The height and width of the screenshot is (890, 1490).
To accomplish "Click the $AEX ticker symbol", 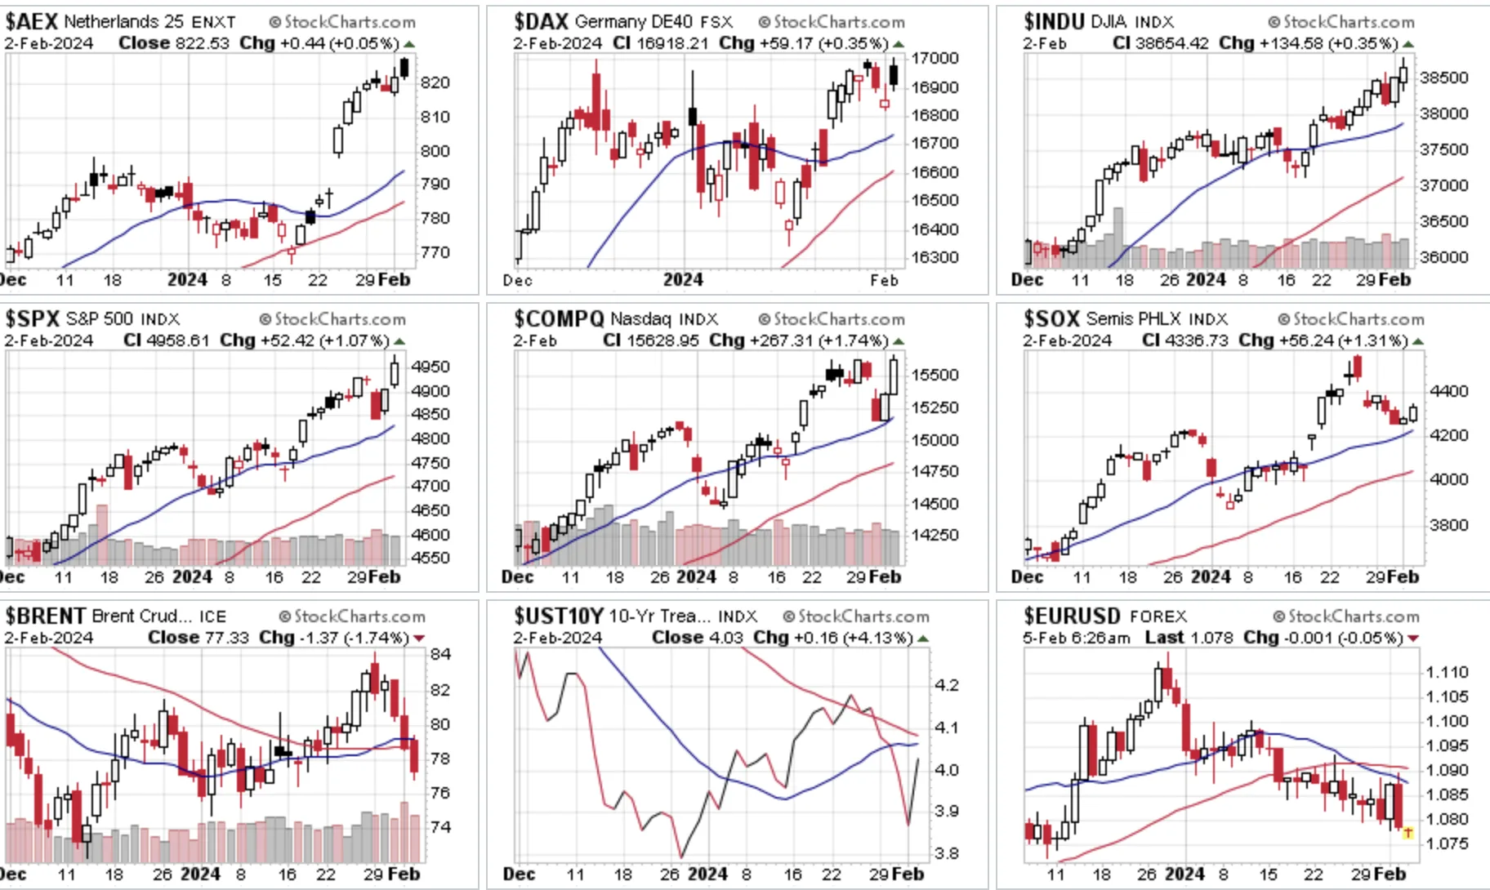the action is coord(31,22).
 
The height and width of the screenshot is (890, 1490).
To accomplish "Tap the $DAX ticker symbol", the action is coord(541,22).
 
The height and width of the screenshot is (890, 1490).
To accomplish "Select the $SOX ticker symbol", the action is coord(1051,319).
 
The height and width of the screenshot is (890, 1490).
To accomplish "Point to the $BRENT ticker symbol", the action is coord(45,616).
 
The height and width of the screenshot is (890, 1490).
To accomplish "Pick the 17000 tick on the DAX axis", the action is coord(935,59).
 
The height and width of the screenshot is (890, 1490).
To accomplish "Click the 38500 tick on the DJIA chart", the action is coord(1444,78).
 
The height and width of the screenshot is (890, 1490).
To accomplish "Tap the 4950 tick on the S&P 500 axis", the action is coord(430,367).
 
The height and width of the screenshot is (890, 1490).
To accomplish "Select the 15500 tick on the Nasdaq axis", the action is coord(935,376).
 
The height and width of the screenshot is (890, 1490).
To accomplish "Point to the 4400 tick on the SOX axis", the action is coord(1449,392).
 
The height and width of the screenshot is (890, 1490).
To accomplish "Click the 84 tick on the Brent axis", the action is coord(440,655).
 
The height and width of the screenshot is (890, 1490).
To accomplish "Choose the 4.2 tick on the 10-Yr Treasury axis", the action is coord(946,686).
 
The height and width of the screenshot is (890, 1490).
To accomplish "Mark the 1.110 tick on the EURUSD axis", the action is coord(1447,673).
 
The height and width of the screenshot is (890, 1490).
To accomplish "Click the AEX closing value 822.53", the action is coord(203,43).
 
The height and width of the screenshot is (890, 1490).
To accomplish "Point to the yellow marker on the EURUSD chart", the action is coord(1408,833).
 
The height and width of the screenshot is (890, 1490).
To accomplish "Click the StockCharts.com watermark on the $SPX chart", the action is coord(332,319).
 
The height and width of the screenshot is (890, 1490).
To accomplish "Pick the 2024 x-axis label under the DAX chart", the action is coord(683,280).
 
